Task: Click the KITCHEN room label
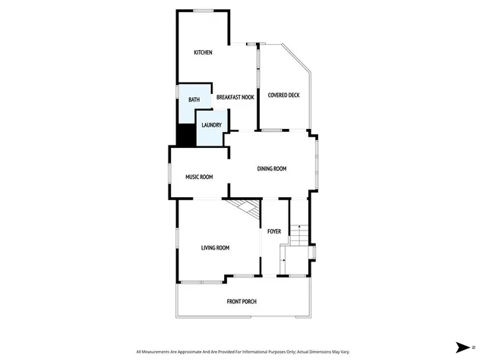click(203, 52)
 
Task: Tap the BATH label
click(194, 100)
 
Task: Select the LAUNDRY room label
click(211, 125)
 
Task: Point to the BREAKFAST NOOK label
click(235, 98)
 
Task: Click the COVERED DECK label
click(283, 95)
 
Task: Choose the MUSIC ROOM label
click(199, 177)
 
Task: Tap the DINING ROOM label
click(271, 168)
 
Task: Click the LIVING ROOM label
click(215, 248)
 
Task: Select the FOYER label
click(274, 231)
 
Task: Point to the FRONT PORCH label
click(241, 302)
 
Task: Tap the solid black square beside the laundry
click(185, 134)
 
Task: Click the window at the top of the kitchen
click(202, 11)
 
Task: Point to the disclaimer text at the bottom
click(243, 352)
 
